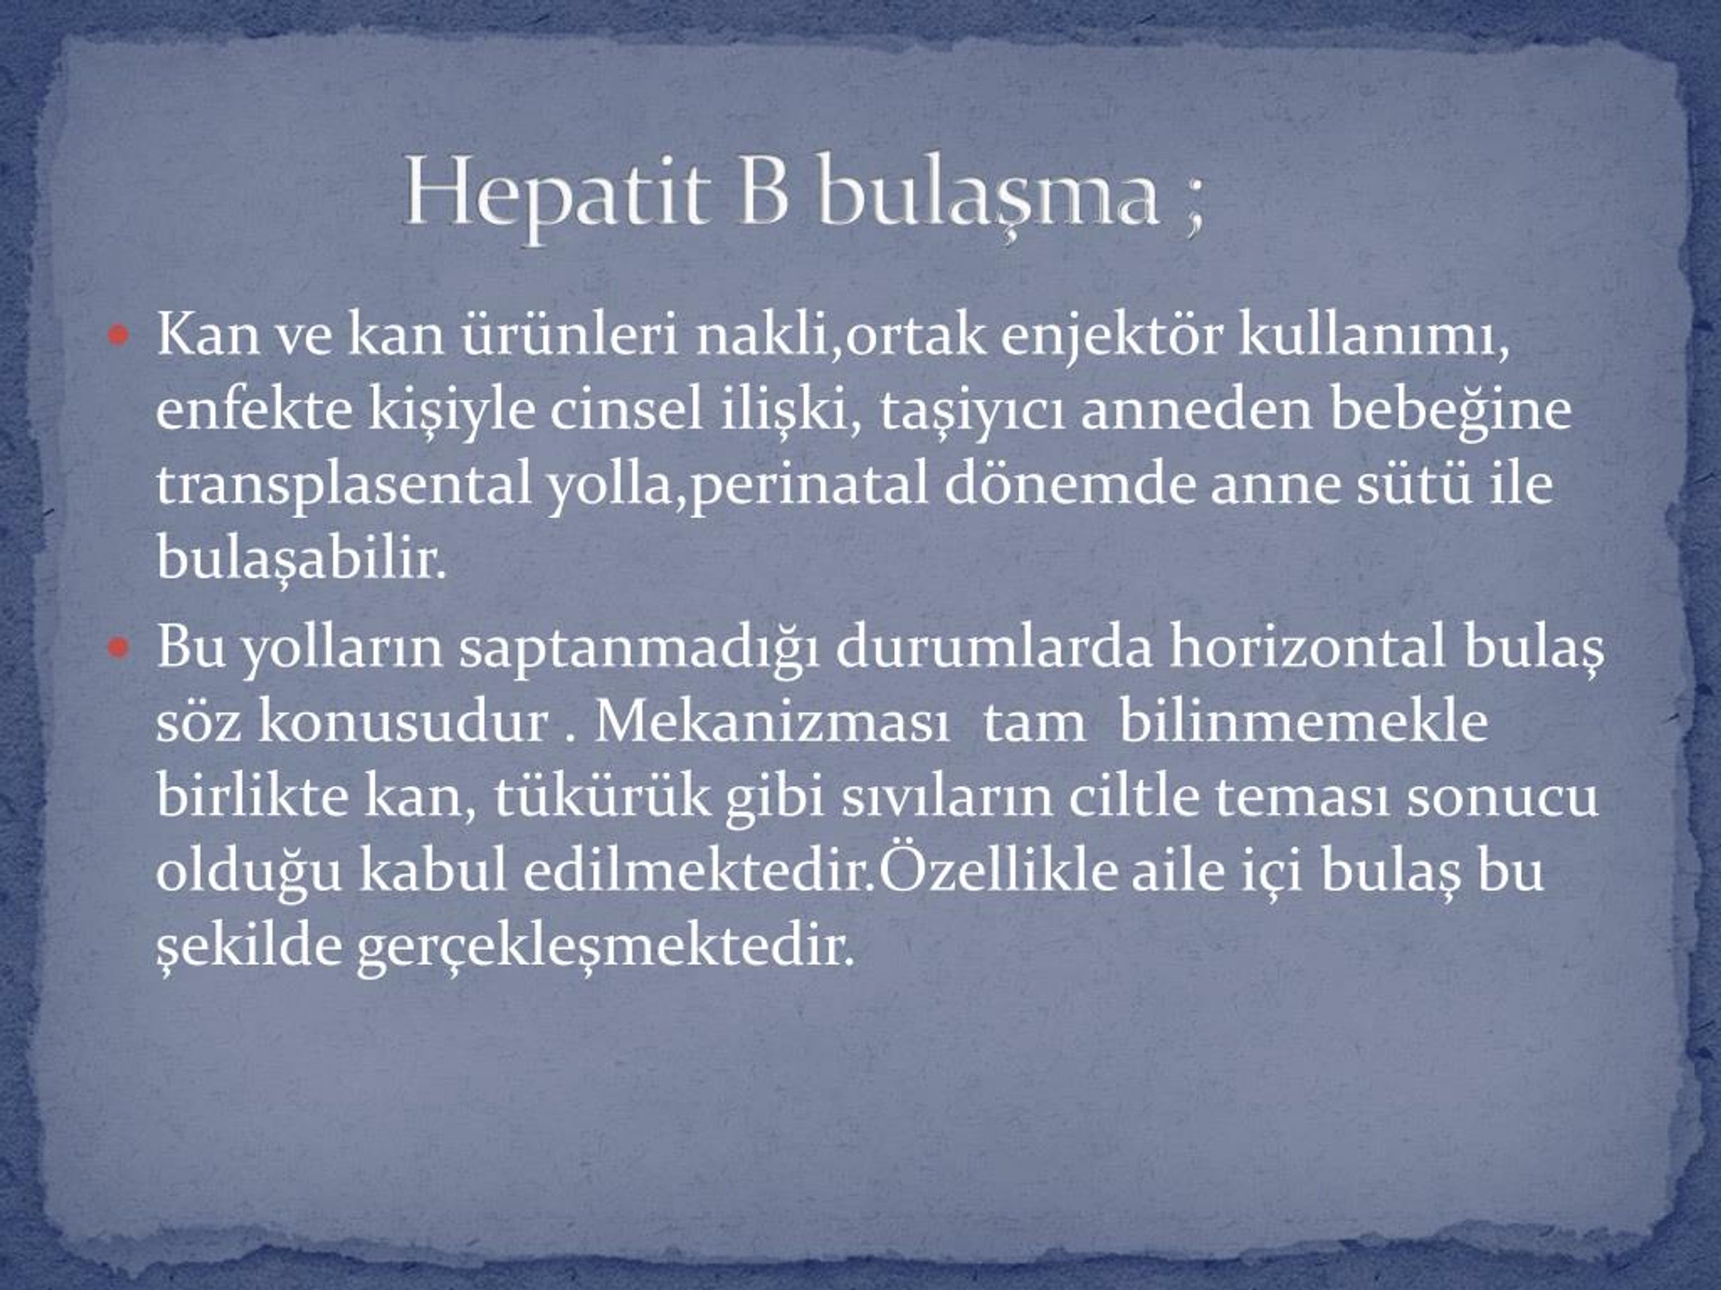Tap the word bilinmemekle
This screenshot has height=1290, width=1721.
1304,722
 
